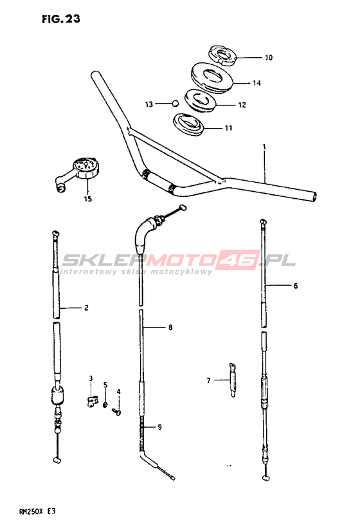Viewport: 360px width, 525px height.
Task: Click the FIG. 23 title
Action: click(x=61, y=19)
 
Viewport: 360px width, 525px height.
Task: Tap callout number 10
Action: click(x=269, y=58)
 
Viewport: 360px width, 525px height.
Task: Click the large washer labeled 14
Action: click(x=212, y=78)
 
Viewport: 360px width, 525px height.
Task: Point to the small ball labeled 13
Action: click(x=174, y=104)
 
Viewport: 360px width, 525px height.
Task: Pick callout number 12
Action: click(x=242, y=105)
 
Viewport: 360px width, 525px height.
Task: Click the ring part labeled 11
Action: click(x=188, y=125)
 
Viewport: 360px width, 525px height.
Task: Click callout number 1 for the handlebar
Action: click(x=264, y=147)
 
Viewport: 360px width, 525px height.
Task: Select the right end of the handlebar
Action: click(x=314, y=197)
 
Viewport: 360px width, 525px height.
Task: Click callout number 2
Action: click(x=86, y=308)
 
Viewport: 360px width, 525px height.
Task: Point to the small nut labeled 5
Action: click(x=105, y=405)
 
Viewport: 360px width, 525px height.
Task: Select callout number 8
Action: click(x=170, y=327)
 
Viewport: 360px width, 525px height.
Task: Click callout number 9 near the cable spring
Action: click(x=159, y=427)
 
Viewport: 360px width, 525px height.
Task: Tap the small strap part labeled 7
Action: click(x=233, y=380)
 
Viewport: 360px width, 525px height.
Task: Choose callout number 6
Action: click(x=296, y=286)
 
